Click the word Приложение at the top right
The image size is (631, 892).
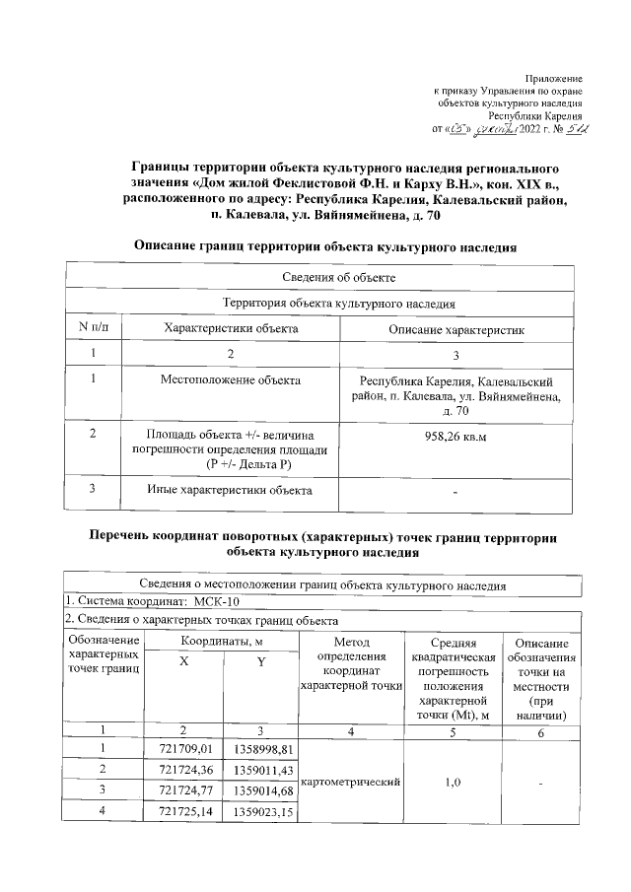click(x=554, y=77)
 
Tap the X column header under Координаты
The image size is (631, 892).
click(x=184, y=663)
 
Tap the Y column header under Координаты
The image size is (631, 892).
click(x=261, y=663)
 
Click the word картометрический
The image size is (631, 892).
click(x=353, y=782)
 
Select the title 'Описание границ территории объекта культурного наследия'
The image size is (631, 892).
click(x=325, y=245)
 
